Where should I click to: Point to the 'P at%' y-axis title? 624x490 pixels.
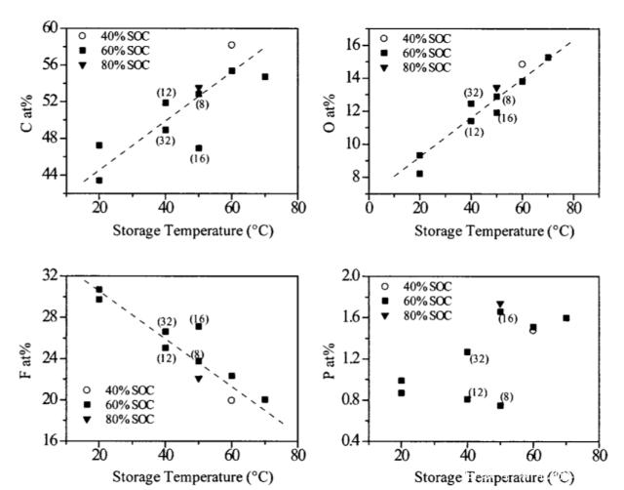coord(331,356)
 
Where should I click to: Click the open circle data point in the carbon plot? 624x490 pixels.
coord(231,45)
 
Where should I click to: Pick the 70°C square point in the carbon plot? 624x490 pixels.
coord(264,76)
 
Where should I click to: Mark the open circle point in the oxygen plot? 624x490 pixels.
coord(522,64)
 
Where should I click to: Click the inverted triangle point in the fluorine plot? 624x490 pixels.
coord(198,378)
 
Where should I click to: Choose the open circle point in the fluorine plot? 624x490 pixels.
coord(231,399)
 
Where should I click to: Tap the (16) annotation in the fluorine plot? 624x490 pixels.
coord(199,318)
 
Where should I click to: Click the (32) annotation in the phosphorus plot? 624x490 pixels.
coord(480,359)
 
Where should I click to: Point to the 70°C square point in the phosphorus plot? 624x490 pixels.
coord(565,318)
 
